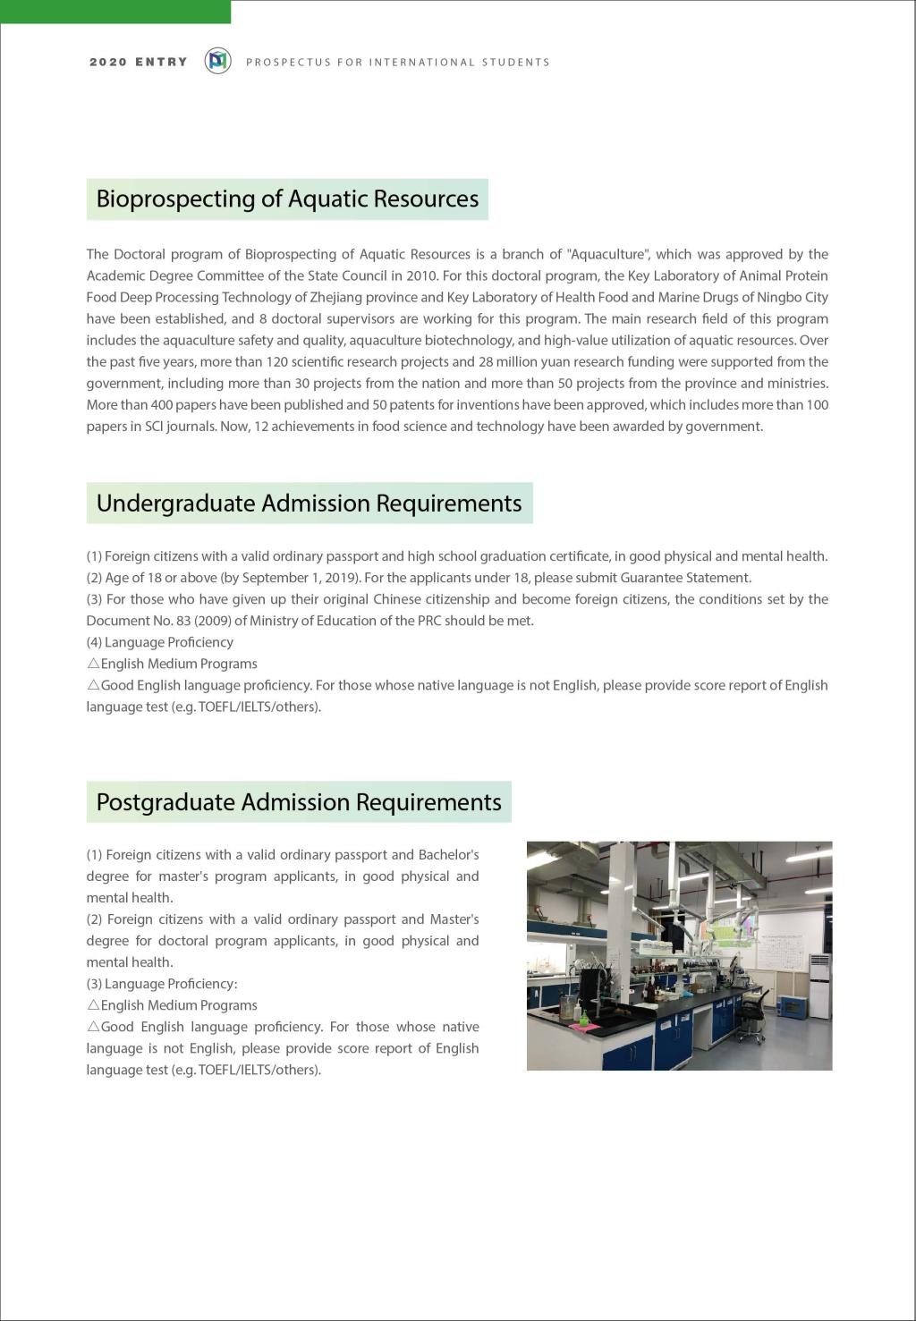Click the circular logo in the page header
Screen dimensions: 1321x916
click(x=217, y=61)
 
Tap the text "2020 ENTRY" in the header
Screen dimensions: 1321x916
click(x=139, y=62)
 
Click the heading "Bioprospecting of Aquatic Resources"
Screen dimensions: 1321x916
click(x=287, y=199)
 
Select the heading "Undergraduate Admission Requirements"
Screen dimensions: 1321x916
click(x=309, y=503)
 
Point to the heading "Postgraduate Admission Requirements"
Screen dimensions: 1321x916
click(x=299, y=801)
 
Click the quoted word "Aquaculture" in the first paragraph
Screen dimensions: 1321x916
click(x=606, y=254)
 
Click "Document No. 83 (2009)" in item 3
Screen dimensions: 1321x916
click(x=157, y=621)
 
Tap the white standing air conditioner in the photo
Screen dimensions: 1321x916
click(x=818, y=987)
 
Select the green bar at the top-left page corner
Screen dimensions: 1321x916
click(x=115, y=11)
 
